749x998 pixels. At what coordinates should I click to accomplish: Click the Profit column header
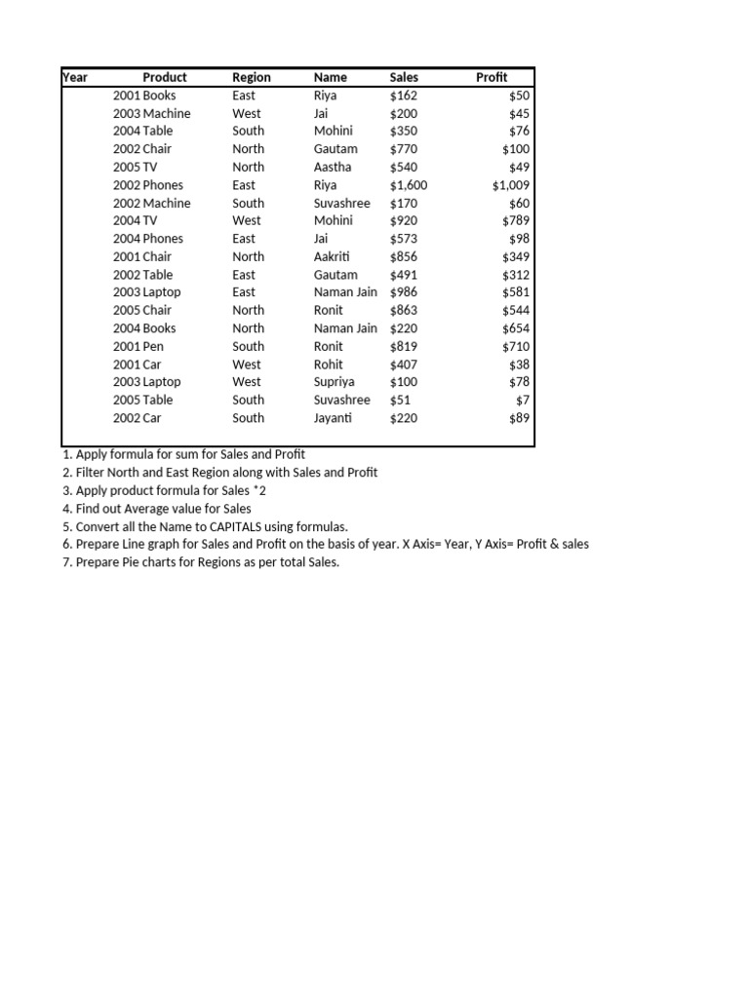492,77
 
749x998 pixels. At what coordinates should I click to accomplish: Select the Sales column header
404,77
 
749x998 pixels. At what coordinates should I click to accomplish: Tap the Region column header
252,77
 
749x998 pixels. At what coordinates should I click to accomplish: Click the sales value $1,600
409,185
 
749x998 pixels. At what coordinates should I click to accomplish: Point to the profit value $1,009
511,185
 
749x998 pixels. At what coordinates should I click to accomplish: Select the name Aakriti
332,256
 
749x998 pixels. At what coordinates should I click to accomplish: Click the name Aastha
332,167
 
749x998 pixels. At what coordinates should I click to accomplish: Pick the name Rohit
329,365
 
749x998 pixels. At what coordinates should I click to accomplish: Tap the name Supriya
335,382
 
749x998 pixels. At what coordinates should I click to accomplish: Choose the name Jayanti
333,418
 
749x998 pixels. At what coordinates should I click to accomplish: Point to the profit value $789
517,220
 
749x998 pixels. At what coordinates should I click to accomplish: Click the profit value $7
523,401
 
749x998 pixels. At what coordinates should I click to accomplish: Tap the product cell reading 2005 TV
135,167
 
